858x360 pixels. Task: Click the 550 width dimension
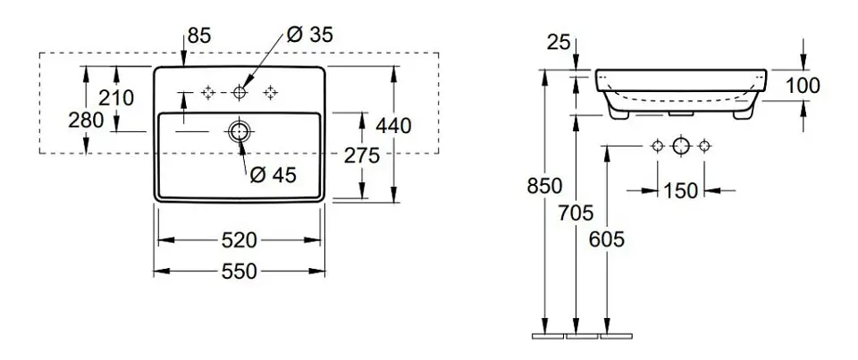[239, 270]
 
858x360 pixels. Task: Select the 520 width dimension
[239, 239]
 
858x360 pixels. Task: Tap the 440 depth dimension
[393, 126]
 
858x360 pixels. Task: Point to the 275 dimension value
[363, 155]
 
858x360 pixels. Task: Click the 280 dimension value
[86, 121]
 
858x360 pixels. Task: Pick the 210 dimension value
[116, 97]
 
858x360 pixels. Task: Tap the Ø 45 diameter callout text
[273, 176]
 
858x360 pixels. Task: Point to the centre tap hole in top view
[239, 91]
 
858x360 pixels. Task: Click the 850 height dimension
[544, 186]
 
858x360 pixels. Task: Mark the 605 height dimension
[608, 239]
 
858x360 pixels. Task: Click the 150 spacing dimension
[681, 189]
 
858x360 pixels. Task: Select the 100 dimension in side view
[803, 87]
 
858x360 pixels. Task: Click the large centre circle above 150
[681, 146]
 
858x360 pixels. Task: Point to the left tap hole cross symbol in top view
[208, 91]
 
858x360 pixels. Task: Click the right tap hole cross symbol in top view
[269, 91]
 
